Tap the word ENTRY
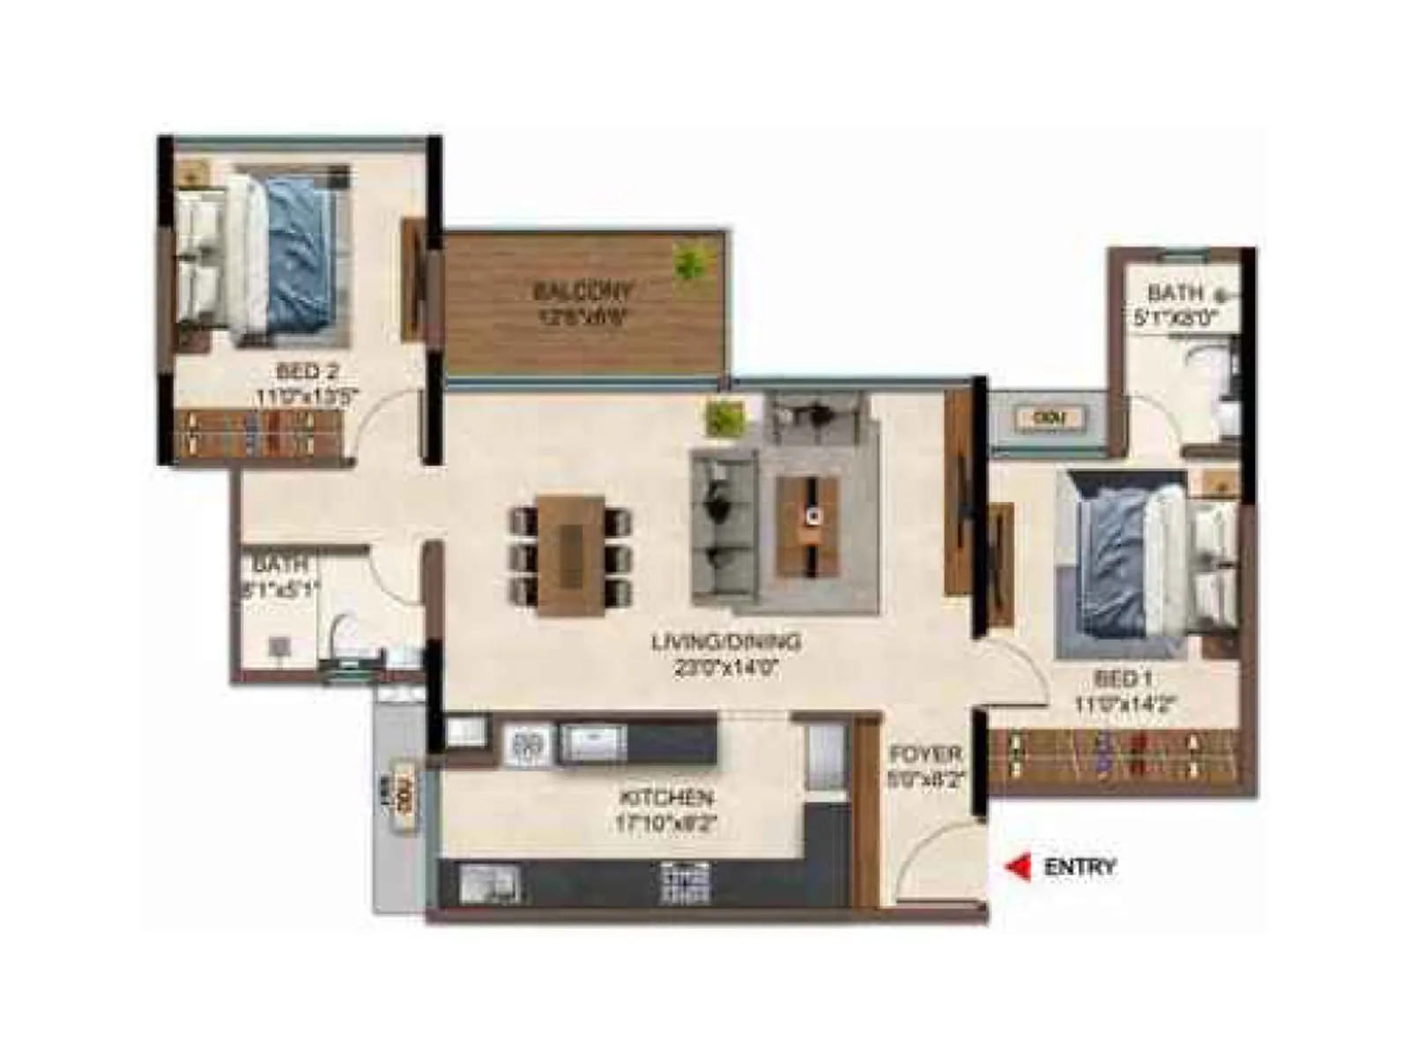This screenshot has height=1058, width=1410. (x=1080, y=868)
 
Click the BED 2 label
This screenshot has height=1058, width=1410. (x=307, y=371)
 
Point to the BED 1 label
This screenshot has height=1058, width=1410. (x=1123, y=680)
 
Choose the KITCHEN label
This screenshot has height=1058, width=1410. (x=666, y=798)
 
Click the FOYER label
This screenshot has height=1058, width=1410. (x=924, y=756)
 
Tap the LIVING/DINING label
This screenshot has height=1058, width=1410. (x=726, y=642)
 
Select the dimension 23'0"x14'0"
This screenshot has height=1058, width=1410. (x=726, y=668)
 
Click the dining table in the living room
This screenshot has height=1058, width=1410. (x=570, y=555)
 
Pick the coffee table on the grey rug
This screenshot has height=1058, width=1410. (x=807, y=525)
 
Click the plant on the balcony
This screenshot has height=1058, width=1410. (x=691, y=261)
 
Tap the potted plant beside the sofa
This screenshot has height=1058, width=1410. (x=726, y=417)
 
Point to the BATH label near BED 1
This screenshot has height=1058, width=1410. (x=1175, y=293)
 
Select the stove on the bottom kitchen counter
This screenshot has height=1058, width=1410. (x=686, y=882)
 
